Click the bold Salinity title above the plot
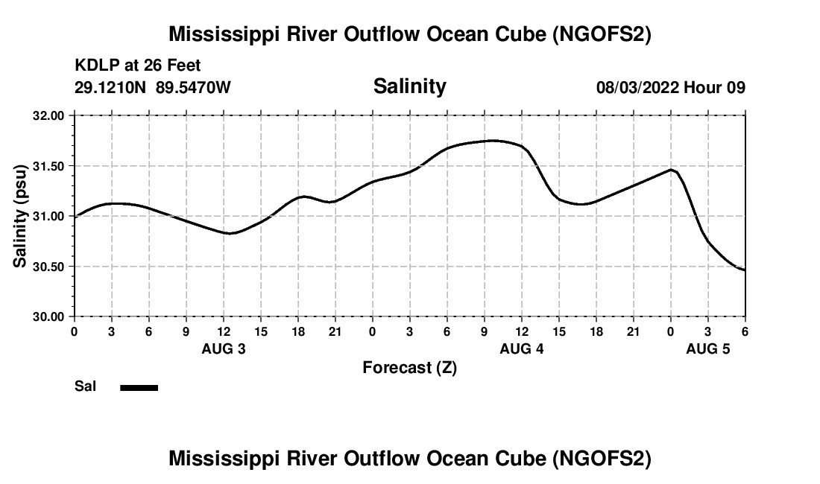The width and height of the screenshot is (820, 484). pos(409,86)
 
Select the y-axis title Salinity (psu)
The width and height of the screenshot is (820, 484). pos(20,216)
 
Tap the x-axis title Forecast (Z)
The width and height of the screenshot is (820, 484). pos(409,367)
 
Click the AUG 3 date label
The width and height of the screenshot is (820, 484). pos(224,348)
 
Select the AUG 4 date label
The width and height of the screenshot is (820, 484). pos(522,348)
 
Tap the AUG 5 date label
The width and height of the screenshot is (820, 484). pos(707,348)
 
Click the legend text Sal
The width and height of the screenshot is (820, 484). pos(85,386)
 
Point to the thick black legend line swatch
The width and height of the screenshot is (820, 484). pos(139,387)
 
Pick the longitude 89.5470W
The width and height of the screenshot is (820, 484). pos(193,87)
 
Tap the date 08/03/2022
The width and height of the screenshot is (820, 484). pos(637,87)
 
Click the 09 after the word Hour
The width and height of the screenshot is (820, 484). pos(737,87)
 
